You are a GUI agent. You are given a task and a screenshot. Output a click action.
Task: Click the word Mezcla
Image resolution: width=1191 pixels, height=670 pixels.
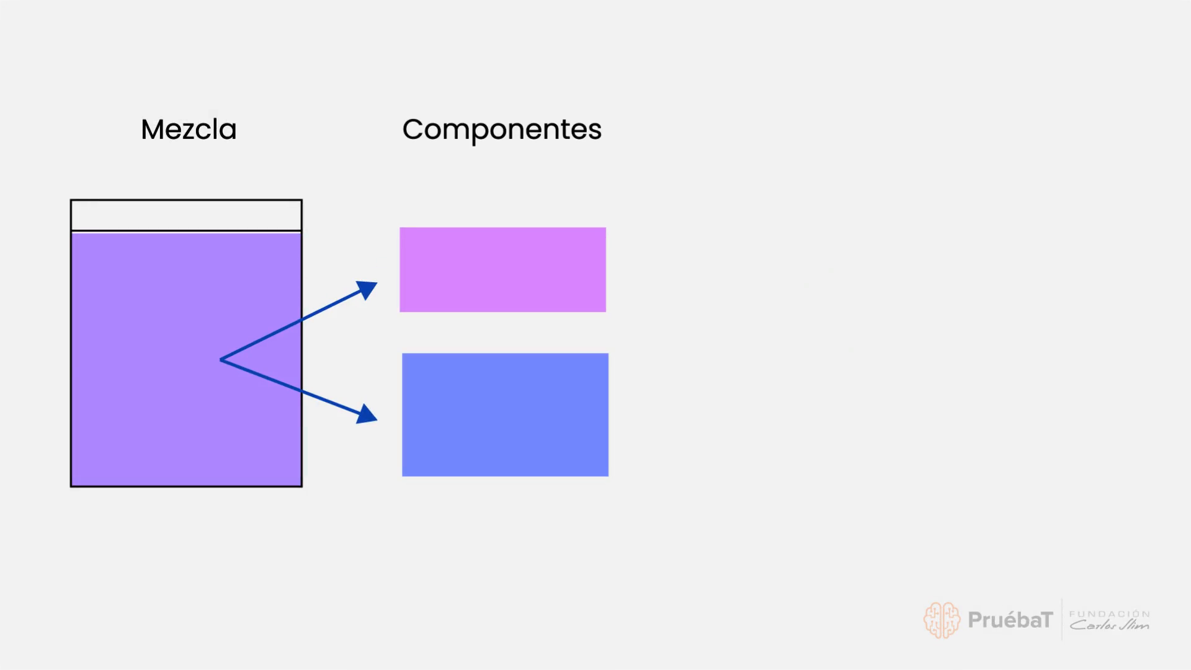(x=189, y=129)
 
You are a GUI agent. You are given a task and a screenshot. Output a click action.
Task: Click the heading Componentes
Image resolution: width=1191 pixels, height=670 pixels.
(x=502, y=130)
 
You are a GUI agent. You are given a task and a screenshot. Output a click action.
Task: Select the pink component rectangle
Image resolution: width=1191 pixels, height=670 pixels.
(x=502, y=269)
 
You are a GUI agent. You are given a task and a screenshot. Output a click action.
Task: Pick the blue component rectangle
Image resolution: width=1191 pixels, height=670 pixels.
(x=505, y=414)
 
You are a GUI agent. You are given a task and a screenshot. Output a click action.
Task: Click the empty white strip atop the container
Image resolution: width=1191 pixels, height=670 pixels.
(x=186, y=215)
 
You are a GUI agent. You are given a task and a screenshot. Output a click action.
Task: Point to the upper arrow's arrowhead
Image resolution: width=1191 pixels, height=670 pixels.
(x=367, y=290)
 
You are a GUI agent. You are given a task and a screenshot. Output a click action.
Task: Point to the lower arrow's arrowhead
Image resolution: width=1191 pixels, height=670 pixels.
(x=367, y=414)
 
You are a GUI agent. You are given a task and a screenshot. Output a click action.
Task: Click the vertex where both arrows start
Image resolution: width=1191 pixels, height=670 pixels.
(x=221, y=360)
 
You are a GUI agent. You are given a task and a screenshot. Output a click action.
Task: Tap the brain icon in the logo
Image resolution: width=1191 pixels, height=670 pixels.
(x=942, y=620)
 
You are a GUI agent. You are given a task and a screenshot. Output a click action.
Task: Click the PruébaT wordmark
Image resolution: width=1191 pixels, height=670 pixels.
(x=1010, y=620)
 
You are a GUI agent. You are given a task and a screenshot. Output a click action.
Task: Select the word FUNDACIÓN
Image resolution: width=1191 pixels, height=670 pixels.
(x=1109, y=614)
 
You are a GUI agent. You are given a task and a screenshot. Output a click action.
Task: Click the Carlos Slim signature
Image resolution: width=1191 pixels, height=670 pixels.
(x=1109, y=625)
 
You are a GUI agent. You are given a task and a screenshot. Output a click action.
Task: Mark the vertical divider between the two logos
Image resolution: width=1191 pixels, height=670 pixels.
(x=1061, y=619)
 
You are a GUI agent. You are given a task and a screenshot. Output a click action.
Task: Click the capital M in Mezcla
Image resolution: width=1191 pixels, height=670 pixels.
(x=151, y=130)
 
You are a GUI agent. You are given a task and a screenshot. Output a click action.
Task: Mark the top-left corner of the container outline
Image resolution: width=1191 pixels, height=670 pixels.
(x=71, y=200)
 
